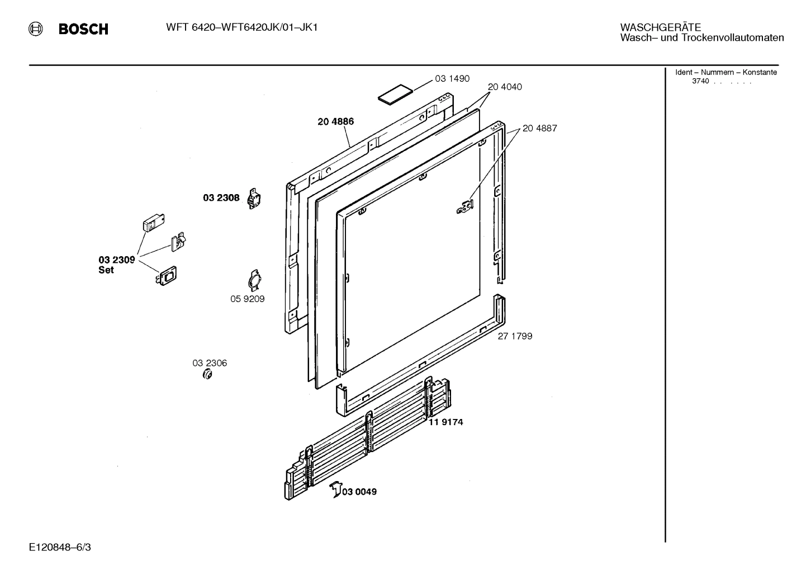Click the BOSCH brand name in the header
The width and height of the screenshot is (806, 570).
[83, 29]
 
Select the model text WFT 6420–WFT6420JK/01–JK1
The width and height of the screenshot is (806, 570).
[241, 27]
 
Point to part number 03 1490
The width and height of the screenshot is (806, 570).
[452, 79]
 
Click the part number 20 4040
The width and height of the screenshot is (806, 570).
[505, 87]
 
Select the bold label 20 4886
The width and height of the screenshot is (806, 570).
[335, 121]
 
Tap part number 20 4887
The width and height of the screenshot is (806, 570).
[539, 128]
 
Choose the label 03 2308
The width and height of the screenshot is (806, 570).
[221, 197]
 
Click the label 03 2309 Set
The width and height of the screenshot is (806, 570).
[116, 265]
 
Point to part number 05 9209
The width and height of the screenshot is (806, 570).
[247, 299]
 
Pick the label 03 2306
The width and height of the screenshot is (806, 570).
[210, 363]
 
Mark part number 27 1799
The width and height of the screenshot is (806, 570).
[515, 336]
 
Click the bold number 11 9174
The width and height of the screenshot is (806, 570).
[445, 422]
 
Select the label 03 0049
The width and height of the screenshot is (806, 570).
[359, 492]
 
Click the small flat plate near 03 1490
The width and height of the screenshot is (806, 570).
[395, 94]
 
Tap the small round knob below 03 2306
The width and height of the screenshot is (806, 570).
[207, 375]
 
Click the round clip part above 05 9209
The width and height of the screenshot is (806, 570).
[255, 280]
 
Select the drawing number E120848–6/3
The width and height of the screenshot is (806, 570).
[60, 547]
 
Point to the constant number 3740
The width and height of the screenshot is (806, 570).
[700, 81]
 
